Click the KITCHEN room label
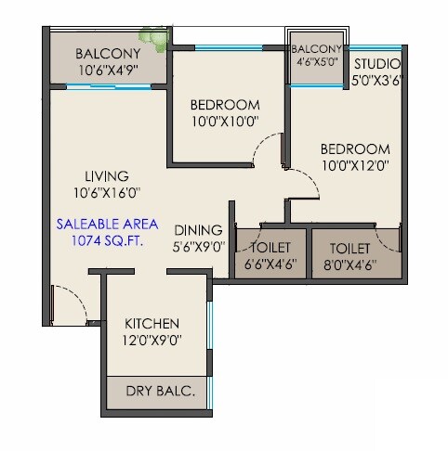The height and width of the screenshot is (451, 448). pos(152,323)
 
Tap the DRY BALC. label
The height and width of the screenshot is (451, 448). pos(160,393)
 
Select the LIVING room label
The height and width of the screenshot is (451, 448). pos(107,175)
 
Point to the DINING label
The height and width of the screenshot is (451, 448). pos(197,231)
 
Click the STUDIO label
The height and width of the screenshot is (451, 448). pos(376,63)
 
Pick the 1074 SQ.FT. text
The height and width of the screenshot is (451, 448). pos(107,240)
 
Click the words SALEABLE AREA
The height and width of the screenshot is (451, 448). pos(107,224)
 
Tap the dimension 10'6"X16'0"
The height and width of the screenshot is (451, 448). pos(107,192)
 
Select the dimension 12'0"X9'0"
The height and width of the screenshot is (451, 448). pos(152,340)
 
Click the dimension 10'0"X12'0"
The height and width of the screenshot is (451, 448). pos(354,166)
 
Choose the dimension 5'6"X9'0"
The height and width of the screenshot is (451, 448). pos(197,248)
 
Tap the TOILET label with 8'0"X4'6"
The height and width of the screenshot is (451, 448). pos(350,248)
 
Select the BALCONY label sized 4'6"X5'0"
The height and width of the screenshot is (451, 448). pos(317,48)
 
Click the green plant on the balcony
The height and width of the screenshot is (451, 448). pos(152,33)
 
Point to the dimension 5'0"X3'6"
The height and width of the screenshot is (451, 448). pos(376,79)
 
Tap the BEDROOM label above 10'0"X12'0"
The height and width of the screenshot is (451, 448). pos(354,149)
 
